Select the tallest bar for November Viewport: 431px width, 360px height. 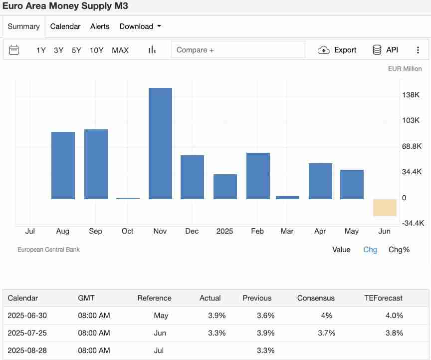[160, 144]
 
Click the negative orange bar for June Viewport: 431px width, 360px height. [385, 208]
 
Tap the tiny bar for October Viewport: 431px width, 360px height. [128, 198]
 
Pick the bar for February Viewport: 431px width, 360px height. [258, 176]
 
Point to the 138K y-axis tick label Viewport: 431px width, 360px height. [411, 95]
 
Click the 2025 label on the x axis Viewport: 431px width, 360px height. [224, 231]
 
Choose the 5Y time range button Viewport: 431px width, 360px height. [76, 50]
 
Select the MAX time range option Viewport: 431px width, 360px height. [120, 50]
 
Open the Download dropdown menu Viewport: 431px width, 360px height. [140, 26]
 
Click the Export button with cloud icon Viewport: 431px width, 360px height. [338, 50]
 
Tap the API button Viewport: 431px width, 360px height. [386, 50]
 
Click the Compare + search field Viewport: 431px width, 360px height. [238, 50]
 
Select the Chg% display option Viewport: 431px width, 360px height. [399, 250]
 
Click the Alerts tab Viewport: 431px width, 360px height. [100, 26]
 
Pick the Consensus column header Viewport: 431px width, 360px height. [316, 298]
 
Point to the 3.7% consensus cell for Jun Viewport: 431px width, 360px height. [327, 333]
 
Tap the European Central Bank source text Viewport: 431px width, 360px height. [48, 250]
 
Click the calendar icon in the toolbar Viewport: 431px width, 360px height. [14, 50]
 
